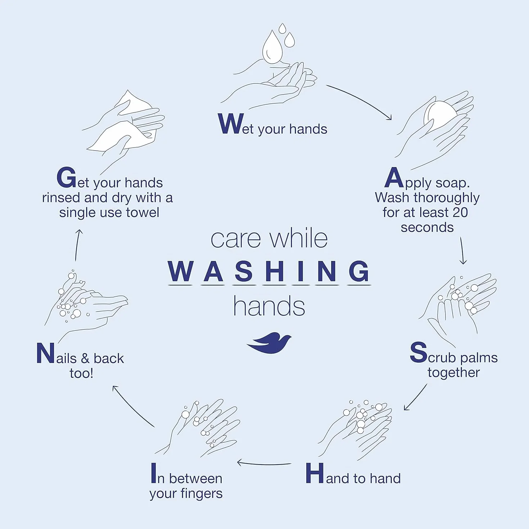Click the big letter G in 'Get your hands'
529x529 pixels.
pos(66,177)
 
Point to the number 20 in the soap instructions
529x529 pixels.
pos(460,212)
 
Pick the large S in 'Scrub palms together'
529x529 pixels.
pos(419,352)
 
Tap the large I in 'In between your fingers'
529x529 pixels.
pos(154,473)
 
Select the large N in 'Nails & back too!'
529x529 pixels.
pos(45,353)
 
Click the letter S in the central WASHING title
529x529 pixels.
pos(244,271)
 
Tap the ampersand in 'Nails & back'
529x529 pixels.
pos(85,358)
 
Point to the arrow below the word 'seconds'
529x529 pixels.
pos(462,250)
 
